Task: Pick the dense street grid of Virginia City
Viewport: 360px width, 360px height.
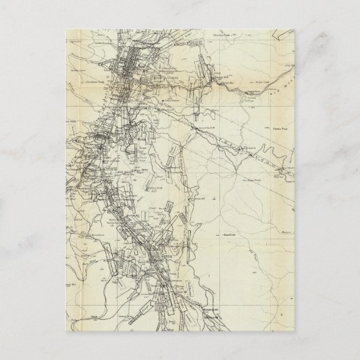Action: point(129,68)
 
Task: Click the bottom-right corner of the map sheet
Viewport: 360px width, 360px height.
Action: point(298,338)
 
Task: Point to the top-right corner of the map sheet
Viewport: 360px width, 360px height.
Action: point(298,26)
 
